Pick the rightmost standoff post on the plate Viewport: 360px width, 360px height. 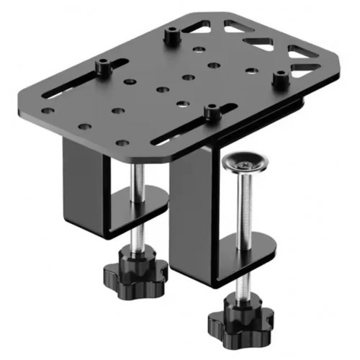click(279, 79)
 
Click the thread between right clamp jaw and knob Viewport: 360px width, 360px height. click(236, 284)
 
